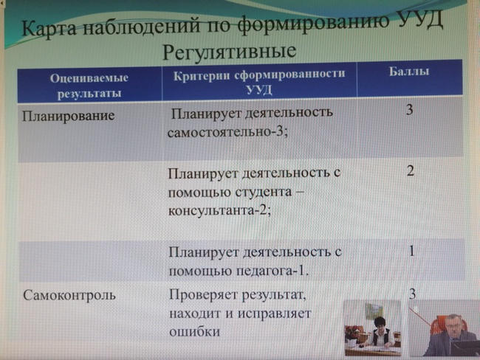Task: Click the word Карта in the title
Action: [49, 30]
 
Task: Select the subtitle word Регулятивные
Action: [229, 52]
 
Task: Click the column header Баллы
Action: [408, 72]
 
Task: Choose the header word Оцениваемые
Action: [89, 78]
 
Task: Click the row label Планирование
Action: [68, 117]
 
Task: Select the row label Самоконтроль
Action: [69, 296]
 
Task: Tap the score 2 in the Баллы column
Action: [411, 170]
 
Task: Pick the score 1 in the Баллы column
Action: [411, 251]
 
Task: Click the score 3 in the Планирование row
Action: [410, 110]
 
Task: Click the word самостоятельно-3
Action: [227, 133]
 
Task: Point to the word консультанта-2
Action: [219, 211]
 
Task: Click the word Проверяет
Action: [204, 295]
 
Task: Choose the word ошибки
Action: [195, 332]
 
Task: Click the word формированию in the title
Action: [313, 24]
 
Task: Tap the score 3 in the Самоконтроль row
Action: [412, 294]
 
